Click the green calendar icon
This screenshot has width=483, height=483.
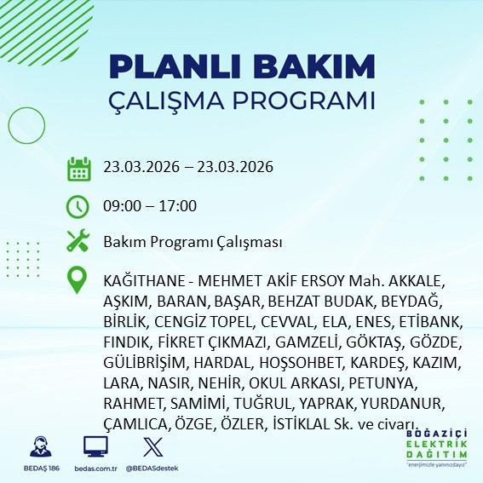pos(78,168)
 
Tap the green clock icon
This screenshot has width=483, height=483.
pos(78,206)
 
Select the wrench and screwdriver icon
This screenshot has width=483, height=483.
pos(78,242)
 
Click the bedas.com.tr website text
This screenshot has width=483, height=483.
pos(95,469)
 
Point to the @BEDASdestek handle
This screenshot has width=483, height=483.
pos(151,469)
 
